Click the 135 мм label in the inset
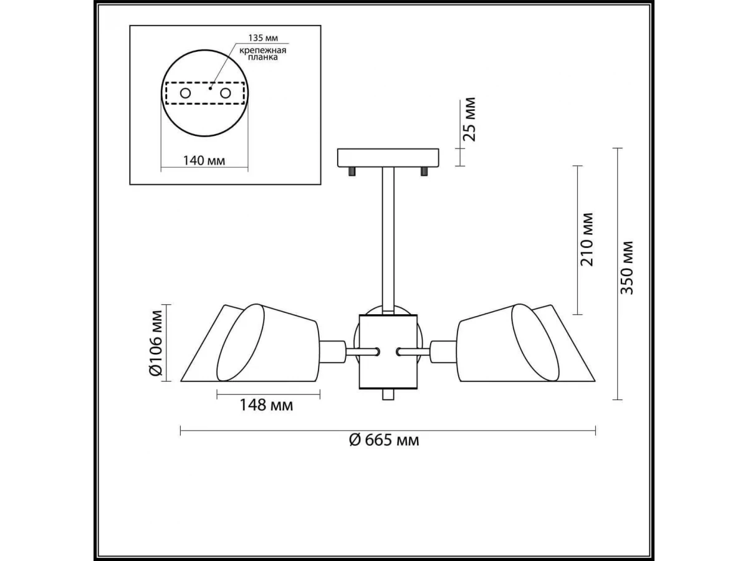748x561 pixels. pos(263,38)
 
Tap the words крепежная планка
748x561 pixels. pos(262,54)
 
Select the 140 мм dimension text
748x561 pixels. pos(204,160)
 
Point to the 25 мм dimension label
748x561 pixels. pos(469,119)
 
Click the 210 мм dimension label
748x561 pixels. pos(587,239)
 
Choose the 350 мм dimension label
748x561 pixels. pos(627,268)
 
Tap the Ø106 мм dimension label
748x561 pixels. pos(156,343)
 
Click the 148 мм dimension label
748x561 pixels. pos(266,405)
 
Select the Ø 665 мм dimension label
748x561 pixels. pos(384,441)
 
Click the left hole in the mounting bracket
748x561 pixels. pos(185,93)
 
